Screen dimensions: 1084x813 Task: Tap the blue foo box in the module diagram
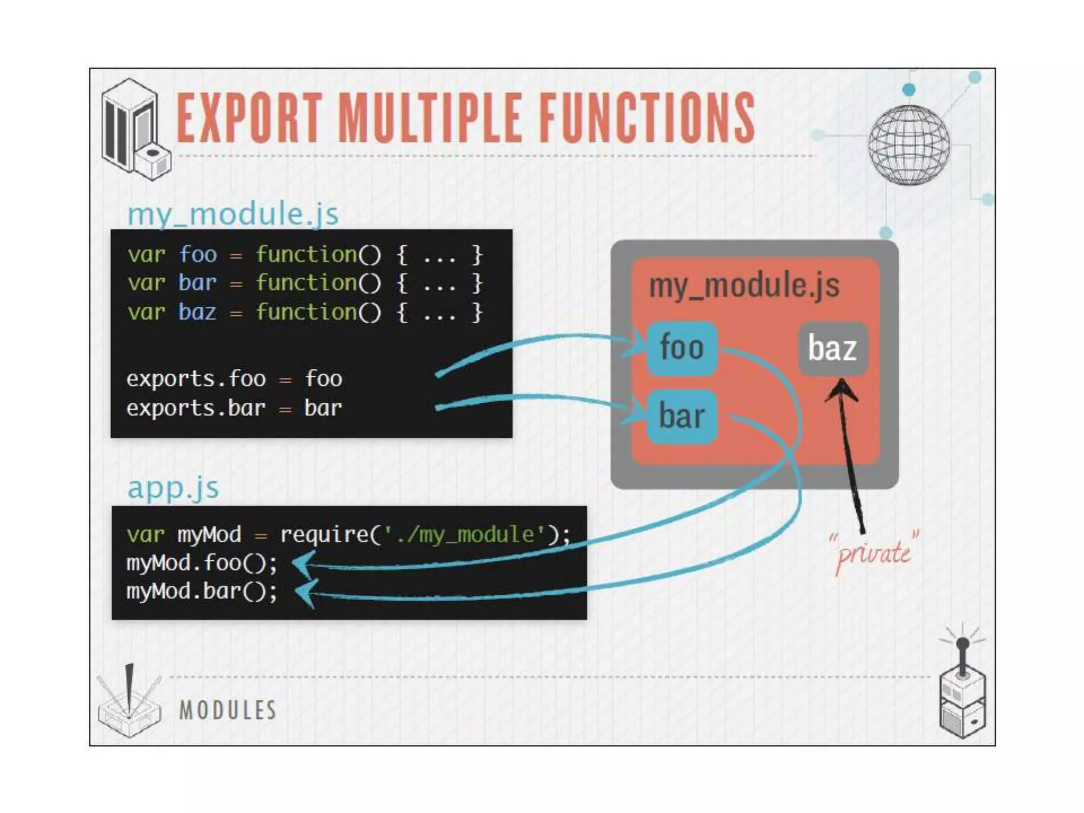tap(682, 348)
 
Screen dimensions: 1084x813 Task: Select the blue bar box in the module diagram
tap(682, 416)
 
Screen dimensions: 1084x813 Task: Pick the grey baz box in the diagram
tap(832, 348)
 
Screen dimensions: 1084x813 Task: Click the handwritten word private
tap(873, 554)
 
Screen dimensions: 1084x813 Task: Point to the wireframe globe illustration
tap(908, 144)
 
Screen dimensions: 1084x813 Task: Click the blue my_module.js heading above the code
tap(233, 214)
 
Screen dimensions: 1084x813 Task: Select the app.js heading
tap(173, 487)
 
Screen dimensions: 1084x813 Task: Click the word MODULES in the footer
tap(228, 710)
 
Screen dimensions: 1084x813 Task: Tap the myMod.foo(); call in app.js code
tap(202, 563)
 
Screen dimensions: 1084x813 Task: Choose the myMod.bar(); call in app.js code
tap(202, 591)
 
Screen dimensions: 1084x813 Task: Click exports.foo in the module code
tap(196, 379)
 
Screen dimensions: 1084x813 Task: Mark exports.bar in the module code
tap(196, 408)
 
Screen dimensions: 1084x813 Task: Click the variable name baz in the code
tap(197, 312)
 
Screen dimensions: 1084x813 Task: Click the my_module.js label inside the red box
tap(744, 285)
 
